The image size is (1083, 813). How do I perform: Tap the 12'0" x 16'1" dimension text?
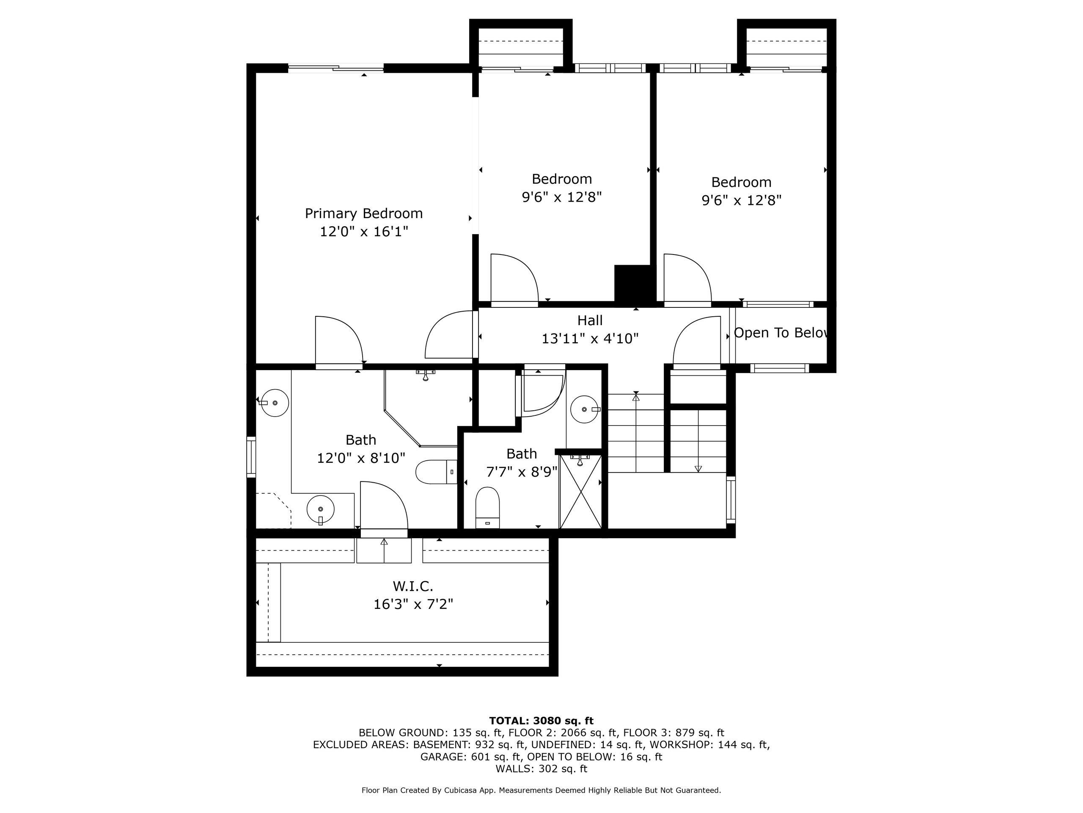pyautogui.click(x=363, y=231)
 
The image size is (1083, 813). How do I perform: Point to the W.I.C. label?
pyautogui.click(x=413, y=586)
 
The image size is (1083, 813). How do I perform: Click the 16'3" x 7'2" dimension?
pyautogui.click(x=413, y=604)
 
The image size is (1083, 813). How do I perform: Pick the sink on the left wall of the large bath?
pyautogui.click(x=274, y=403)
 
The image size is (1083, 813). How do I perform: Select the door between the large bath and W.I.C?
pyautogui.click(x=384, y=507)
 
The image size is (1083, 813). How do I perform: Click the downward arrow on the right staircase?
pyautogui.click(x=698, y=468)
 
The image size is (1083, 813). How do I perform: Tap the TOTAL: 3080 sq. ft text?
pyautogui.click(x=541, y=720)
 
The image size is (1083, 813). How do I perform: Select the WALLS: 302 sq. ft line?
pyautogui.click(x=541, y=769)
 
